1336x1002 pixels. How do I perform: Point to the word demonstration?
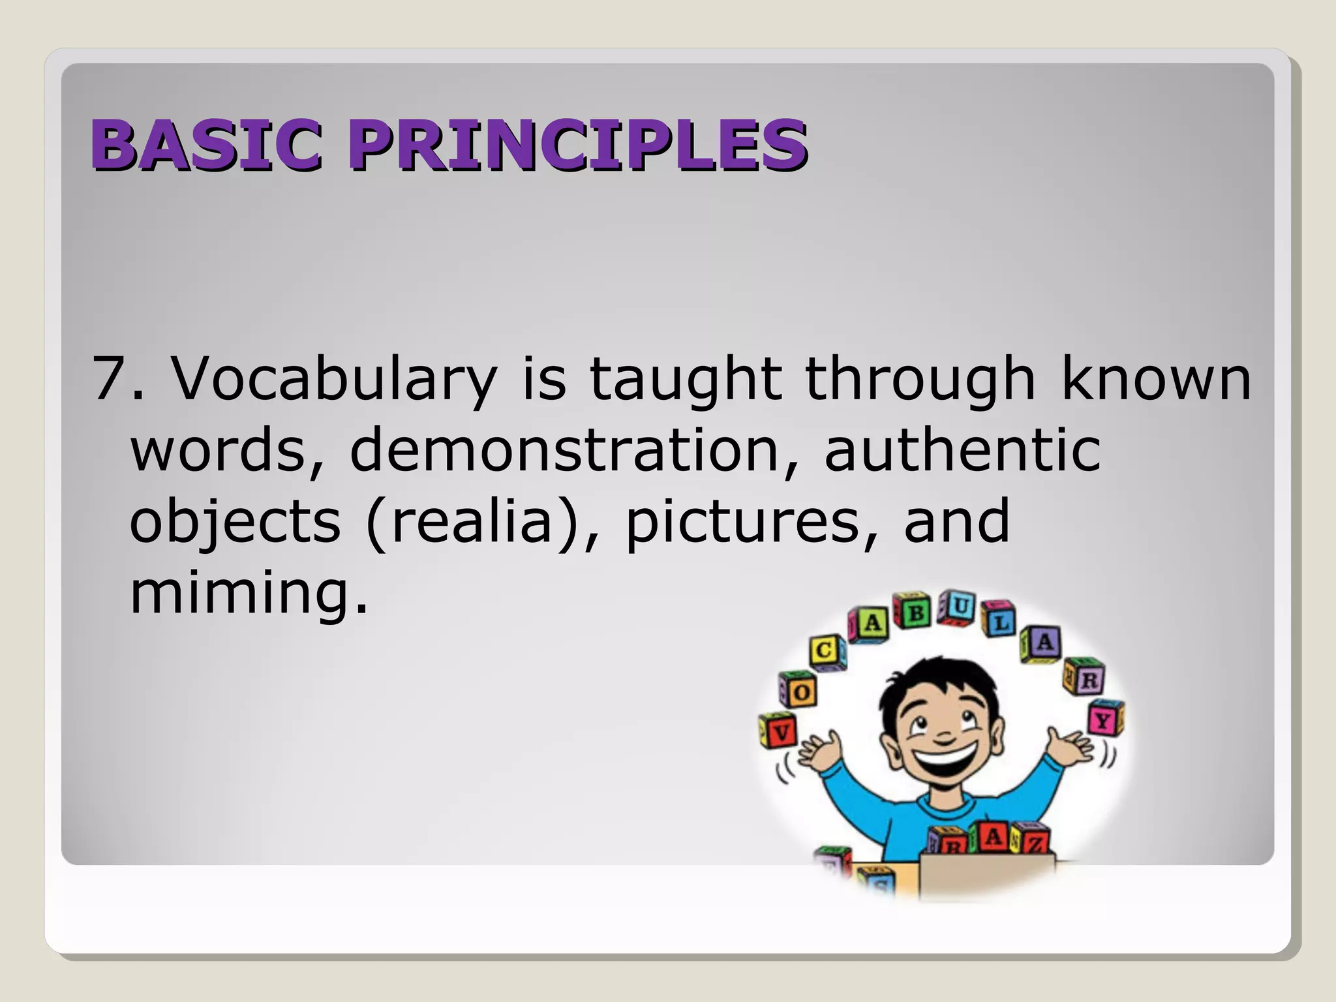[x=565, y=449]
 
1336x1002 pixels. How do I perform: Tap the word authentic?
[x=963, y=449]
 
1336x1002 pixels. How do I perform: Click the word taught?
[x=686, y=380]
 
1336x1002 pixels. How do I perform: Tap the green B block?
[x=913, y=612]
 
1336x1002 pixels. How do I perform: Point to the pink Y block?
[x=1104, y=720]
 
